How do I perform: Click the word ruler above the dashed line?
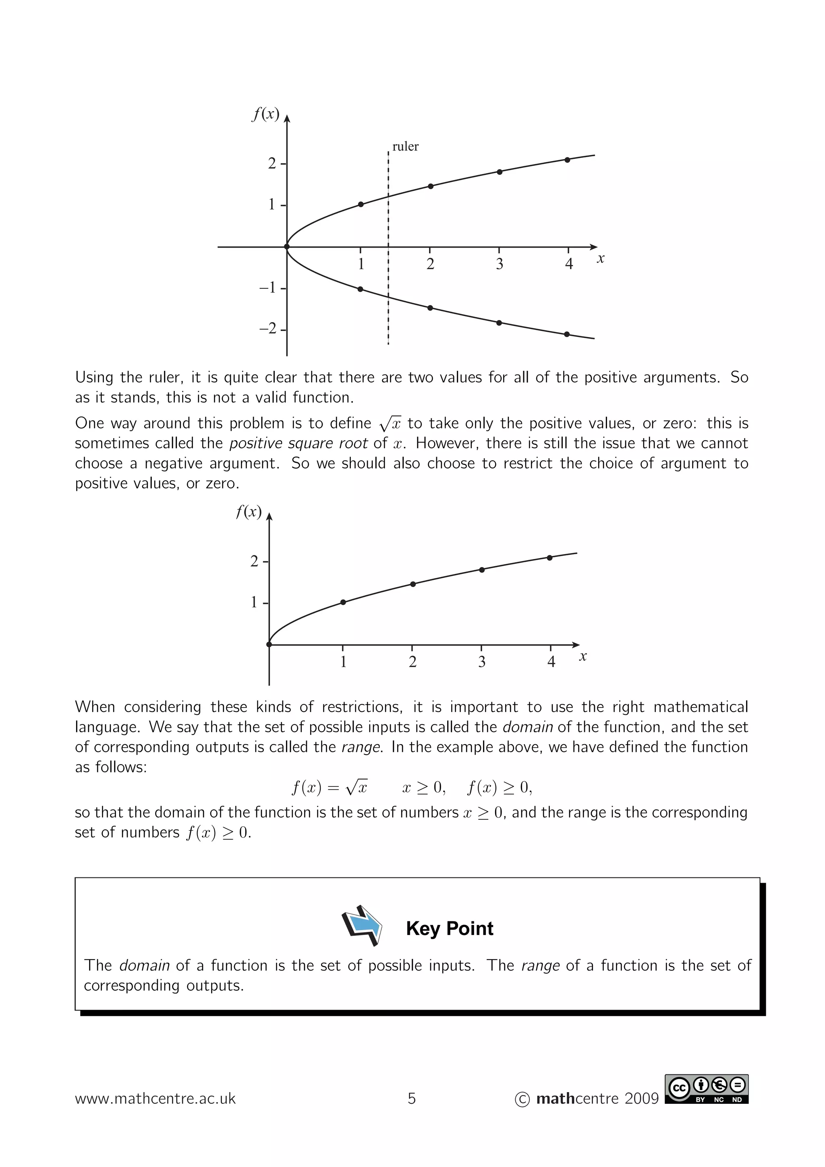tap(405, 147)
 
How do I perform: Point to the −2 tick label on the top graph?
tap(268, 329)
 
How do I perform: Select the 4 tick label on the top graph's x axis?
tap(569, 264)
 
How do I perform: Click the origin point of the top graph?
tap(287, 247)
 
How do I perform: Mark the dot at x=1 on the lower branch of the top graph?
tap(361, 289)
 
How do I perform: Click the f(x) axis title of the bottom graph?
tap(249, 511)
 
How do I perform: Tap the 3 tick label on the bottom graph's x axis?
tap(482, 662)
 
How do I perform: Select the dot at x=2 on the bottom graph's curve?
tap(413, 584)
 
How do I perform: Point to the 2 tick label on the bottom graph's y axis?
tap(254, 561)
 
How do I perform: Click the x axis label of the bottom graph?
tap(583, 657)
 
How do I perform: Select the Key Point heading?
tap(449, 929)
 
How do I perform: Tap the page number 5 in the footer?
tap(412, 1099)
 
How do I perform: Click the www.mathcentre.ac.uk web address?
tap(155, 1099)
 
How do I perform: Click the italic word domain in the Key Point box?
tap(144, 965)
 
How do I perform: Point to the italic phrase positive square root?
tap(298, 443)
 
